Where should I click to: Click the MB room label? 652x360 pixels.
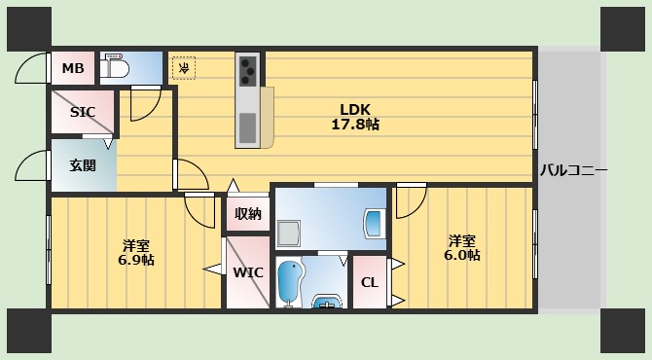click(x=72, y=68)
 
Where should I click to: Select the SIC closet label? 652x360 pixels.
click(x=83, y=112)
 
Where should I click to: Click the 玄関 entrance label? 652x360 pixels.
click(x=83, y=165)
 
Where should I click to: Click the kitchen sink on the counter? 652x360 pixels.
click(x=248, y=126)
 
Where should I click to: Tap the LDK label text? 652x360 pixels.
click(x=355, y=109)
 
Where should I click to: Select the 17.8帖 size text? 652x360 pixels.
click(x=355, y=125)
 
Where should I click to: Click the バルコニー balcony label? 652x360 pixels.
click(x=573, y=170)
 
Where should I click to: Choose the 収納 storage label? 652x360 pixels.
click(x=247, y=214)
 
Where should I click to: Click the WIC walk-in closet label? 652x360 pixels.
click(x=246, y=272)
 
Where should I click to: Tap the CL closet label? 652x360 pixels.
click(x=369, y=283)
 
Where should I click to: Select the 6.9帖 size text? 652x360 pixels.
click(x=136, y=260)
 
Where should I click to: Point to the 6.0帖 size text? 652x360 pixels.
click(x=462, y=255)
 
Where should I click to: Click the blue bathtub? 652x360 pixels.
click(x=289, y=282)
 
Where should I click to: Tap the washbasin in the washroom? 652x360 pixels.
click(x=374, y=223)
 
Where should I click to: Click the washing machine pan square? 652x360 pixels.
click(x=289, y=233)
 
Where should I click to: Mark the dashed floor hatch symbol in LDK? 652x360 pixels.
click(x=183, y=67)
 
